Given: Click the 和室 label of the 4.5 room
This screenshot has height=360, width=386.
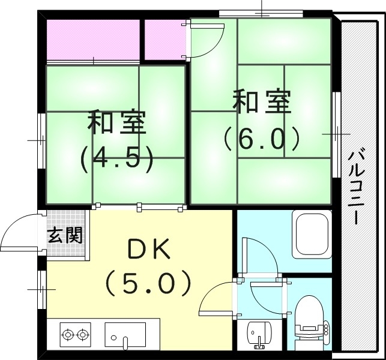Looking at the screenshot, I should tap(116, 123).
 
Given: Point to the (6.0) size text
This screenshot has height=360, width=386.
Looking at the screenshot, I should tap(262, 139).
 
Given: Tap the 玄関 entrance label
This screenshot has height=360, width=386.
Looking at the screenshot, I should tap(65, 235).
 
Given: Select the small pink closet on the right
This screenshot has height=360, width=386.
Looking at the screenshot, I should tap(164, 40).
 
